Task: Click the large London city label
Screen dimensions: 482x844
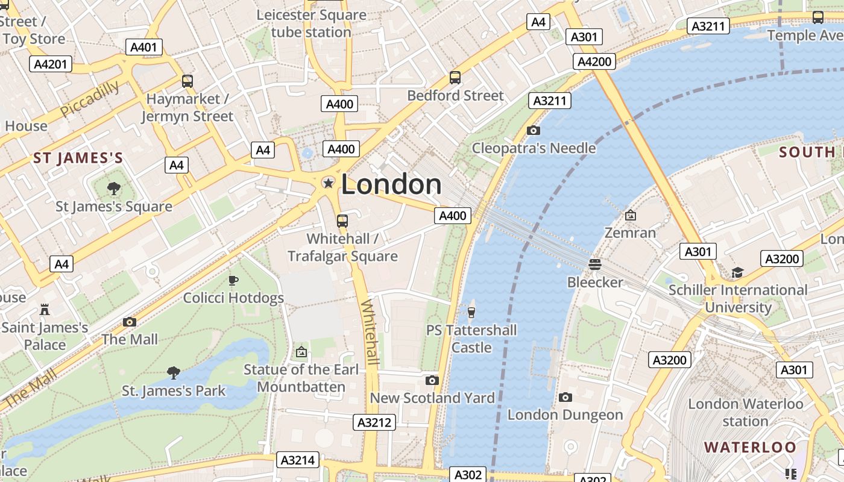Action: (x=391, y=184)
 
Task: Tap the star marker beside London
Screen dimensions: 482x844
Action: (x=328, y=183)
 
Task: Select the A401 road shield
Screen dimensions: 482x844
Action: (x=144, y=47)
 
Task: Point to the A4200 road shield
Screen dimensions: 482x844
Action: (x=595, y=61)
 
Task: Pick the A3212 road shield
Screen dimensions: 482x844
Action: (x=374, y=422)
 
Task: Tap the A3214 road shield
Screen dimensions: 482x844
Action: (x=298, y=460)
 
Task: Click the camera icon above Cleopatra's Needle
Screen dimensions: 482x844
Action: (x=533, y=130)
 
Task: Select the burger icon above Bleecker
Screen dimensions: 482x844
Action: (x=595, y=264)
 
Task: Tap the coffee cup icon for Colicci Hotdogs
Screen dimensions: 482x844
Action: (x=233, y=280)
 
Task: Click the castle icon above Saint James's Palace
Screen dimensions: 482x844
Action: (x=45, y=310)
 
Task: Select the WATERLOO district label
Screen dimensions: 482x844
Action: (x=751, y=447)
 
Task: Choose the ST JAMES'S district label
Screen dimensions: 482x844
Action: (x=78, y=158)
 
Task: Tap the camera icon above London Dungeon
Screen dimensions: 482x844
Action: (x=565, y=397)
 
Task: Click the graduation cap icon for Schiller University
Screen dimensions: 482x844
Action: (x=737, y=272)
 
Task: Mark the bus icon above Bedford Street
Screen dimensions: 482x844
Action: (x=455, y=78)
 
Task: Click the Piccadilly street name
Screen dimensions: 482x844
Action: (x=90, y=99)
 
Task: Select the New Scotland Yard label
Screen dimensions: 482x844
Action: (x=432, y=398)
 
